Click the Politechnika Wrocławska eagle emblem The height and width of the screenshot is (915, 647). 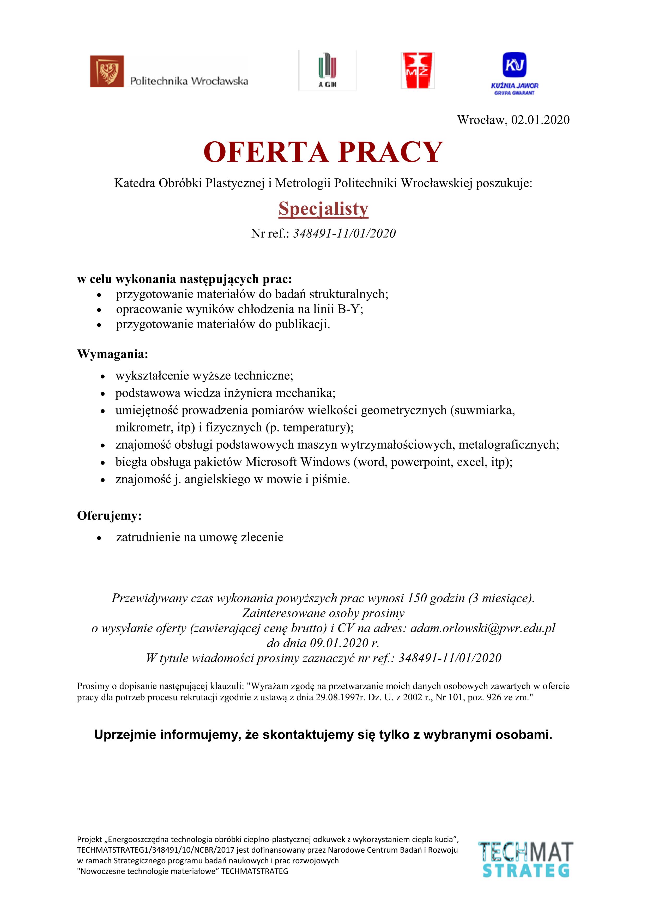[x=107, y=71]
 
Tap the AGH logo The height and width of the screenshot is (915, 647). [x=327, y=70]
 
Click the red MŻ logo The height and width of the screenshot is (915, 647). [x=417, y=70]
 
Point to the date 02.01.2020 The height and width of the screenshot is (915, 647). [x=540, y=120]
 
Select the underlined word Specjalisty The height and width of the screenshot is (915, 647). [x=323, y=209]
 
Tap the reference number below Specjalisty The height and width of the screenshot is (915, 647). [x=344, y=233]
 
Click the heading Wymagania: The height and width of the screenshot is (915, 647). [x=113, y=354]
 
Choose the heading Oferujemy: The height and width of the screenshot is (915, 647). [x=110, y=516]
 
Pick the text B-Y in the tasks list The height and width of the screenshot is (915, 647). [x=349, y=309]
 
